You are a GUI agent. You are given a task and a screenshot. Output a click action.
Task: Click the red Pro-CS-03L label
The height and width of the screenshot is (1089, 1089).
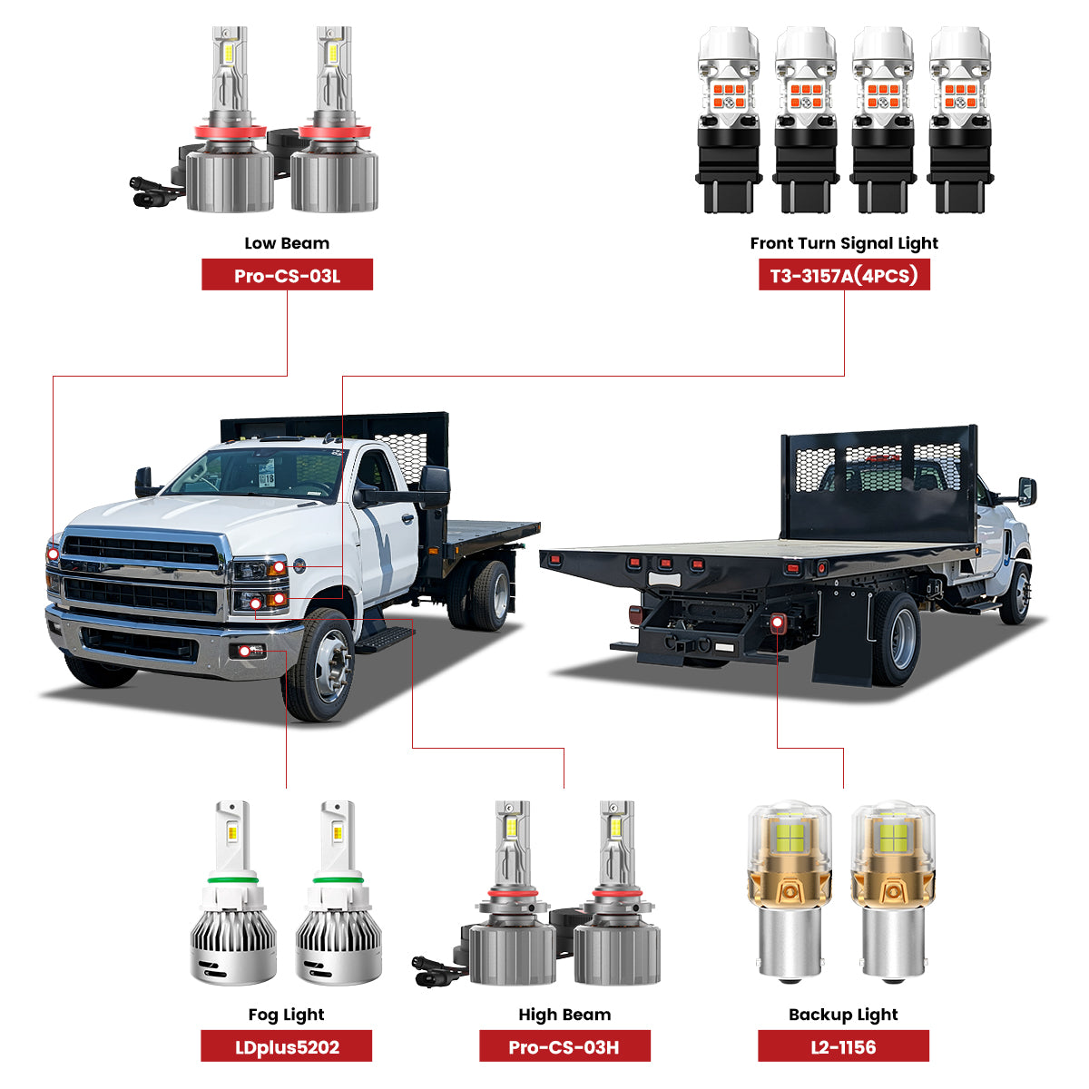point(287,275)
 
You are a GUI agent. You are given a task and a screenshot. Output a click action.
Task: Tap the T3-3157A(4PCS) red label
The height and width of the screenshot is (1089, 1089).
point(844,275)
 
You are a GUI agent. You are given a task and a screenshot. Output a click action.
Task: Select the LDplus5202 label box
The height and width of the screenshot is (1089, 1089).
point(286,1046)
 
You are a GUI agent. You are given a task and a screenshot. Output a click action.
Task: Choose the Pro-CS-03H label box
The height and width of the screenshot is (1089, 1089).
point(564,1046)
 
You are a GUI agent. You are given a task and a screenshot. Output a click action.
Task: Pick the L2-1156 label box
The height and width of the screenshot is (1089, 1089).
point(843,1046)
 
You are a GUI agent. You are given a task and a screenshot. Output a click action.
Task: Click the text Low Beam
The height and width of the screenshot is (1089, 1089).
point(287,243)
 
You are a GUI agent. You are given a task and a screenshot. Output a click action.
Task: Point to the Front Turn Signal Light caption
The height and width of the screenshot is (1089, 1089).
point(844,243)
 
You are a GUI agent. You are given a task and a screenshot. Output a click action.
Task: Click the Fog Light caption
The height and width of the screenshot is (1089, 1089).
point(286,1015)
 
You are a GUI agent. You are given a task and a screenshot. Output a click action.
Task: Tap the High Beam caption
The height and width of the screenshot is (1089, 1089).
point(564,1015)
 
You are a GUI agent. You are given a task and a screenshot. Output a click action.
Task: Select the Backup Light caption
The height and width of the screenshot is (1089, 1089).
point(843,1015)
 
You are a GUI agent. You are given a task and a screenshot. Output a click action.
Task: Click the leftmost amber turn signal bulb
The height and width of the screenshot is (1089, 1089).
point(728,118)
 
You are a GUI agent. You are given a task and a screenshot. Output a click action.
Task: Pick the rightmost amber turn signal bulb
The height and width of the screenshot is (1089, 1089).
point(959,118)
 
